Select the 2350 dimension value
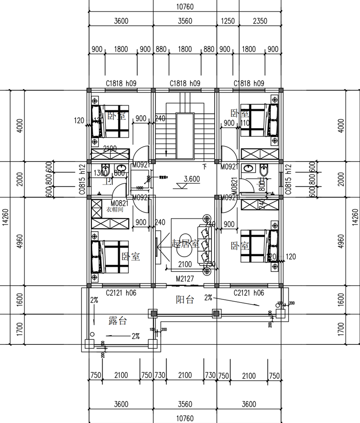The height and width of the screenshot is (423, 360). (x=260, y=21)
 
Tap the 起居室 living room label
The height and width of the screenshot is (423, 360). (x=185, y=244)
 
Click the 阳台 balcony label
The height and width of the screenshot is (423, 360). (x=185, y=299)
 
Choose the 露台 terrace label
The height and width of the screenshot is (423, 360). (x=118, y=321)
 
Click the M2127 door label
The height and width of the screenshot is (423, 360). (x=185, y=279)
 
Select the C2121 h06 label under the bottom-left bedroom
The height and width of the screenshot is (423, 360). (x=121, y=293)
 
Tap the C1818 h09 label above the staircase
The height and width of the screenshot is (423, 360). (x=185, y=84)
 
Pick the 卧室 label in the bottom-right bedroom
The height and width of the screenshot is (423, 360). (x=240, y=246)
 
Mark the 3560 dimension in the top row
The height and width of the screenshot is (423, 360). (x=185, y=21)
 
